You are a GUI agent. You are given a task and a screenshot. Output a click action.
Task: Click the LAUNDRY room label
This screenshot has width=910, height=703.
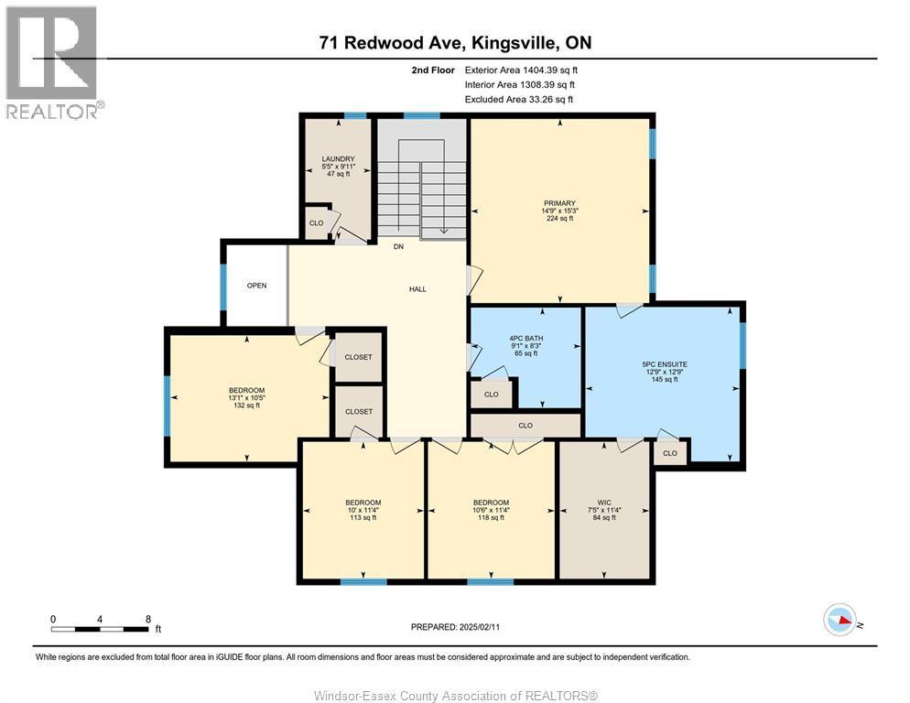[x=338, y=159]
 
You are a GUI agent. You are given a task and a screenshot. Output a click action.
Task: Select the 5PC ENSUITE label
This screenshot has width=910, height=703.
[x=665, y=364]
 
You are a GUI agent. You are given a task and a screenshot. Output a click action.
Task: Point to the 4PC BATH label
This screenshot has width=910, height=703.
[x=525, y=339]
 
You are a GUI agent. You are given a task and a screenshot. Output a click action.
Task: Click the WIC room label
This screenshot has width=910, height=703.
[x=604, y=503]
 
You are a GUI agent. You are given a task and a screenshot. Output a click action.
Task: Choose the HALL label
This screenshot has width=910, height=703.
[x=417, y=289]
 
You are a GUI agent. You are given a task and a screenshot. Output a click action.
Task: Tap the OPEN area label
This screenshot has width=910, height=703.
[x=256, y=286]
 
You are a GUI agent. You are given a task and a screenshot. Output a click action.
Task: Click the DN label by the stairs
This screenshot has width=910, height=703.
[x=398, y=247]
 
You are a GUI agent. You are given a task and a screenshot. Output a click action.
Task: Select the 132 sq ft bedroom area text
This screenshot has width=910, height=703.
[x=244, y=406]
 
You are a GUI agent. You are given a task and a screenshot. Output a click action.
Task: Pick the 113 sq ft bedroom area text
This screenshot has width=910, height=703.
[x=363, y=518]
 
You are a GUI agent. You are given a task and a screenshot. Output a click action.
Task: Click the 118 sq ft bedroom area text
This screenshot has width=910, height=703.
[x=491, y=518]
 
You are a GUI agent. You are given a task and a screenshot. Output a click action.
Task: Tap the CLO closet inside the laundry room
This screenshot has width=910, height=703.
[x=316, y=222]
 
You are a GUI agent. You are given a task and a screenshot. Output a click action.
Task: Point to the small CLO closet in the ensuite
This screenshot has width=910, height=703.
[x=669, y=453]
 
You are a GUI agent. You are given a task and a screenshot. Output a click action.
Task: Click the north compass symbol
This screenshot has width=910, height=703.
[x=840, y=620]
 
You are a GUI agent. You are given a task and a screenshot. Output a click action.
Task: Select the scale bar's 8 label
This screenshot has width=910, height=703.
[x=148, y=619]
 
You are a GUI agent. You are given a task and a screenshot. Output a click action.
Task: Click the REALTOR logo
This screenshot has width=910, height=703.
[x=53, y=62]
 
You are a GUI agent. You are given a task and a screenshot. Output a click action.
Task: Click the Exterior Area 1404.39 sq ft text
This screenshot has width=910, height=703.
[x=521, y=70]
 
